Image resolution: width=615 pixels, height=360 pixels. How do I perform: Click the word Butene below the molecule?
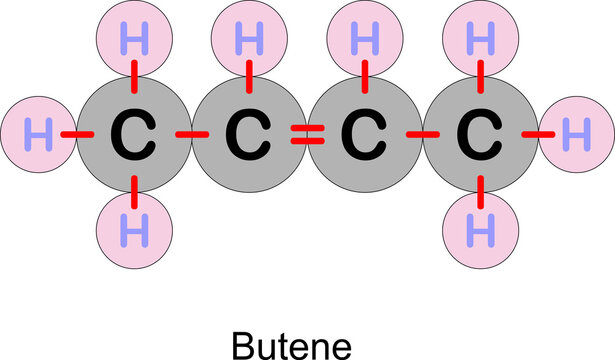click(x=292, y=345)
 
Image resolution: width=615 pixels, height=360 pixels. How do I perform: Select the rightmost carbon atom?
click(x=482, y=134)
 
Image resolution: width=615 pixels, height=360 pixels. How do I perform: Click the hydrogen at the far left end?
click(x=39, y=134)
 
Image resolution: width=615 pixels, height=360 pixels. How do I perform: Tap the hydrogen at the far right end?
click(x=574, y=134)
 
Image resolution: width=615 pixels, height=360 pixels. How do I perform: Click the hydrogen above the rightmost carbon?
click(x=482, y=42)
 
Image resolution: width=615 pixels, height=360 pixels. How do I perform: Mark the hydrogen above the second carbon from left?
click(x=249, y=42)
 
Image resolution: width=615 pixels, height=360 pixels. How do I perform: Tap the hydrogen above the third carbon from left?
click(x=365, y=42)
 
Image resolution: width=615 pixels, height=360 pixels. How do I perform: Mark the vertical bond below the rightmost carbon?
click(x=482, y=187)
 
